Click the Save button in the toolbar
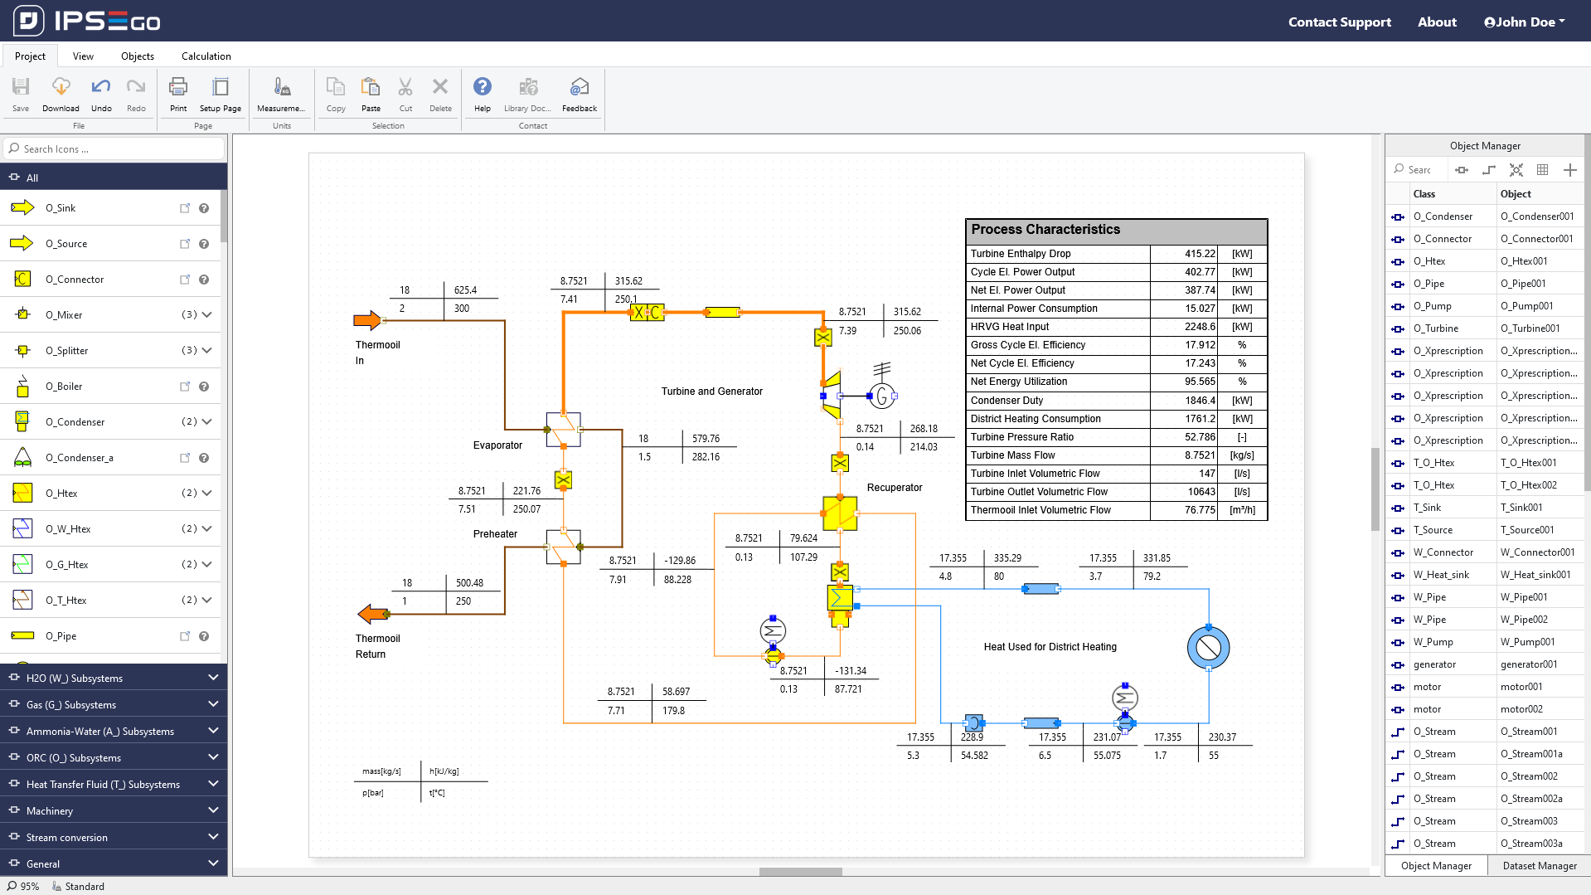click(21, 94)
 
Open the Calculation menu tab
click(206, 56)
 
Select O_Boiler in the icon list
click(64, 387)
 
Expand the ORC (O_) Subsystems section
click(114, 757)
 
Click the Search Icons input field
click(116, 149)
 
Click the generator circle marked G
click(882, 396)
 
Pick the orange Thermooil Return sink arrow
click(372, 614)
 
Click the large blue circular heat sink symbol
click(1208, 648)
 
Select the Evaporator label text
click(497, 445)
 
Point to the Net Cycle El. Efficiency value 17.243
click(1200, 363)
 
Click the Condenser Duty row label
click(1007, 401)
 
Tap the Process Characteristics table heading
click(1045, 230)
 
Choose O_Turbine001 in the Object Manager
click(1530, 328)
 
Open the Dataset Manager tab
click(1539, 866)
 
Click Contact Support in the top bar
click(1339, 22)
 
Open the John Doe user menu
click(1524, 22)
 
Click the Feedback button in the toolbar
click(579, 94)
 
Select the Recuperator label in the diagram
click(894, 488)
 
